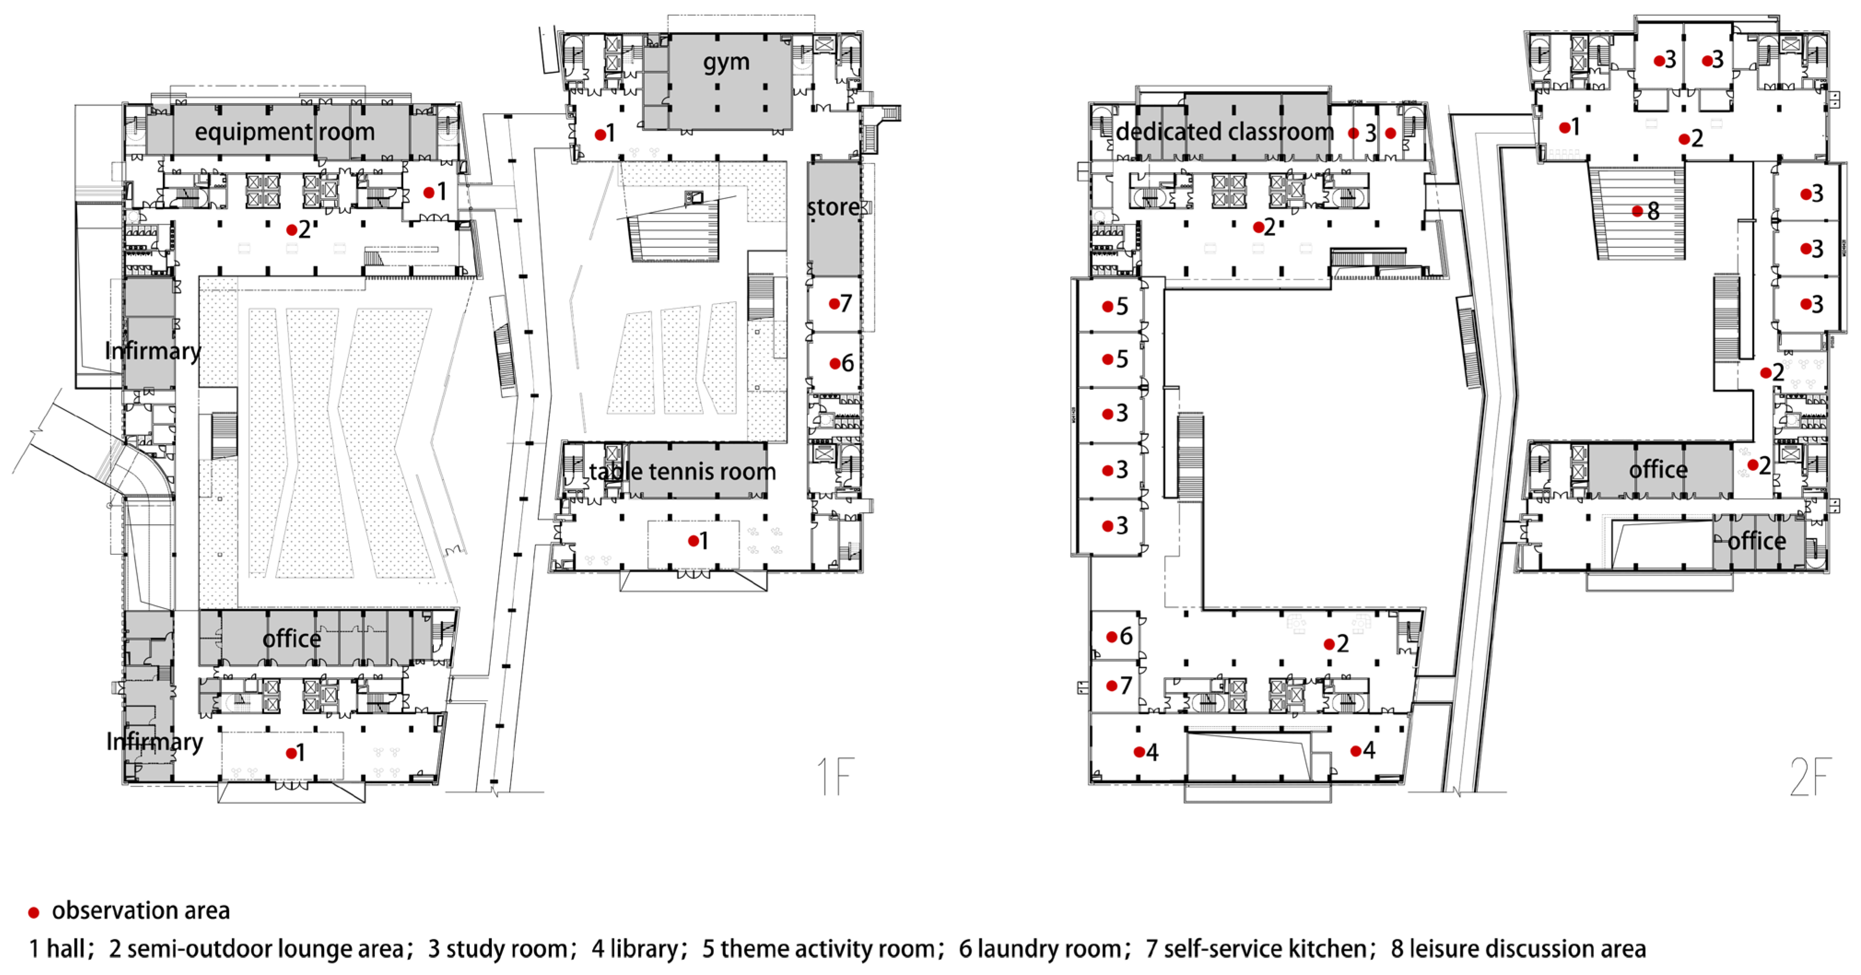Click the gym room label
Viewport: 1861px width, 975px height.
click(726, 63)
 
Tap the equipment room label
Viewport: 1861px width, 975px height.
click(285, 132)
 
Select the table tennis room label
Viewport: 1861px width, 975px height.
click(682, 472)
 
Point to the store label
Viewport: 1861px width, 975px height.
click(833, 207)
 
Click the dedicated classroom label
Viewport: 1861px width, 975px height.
click(1225, 132)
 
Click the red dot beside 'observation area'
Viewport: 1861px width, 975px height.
click(33, 913)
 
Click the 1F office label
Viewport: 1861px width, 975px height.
click(291, 639)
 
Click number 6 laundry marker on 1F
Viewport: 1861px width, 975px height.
click(841, 363)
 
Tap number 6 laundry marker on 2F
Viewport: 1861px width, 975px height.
click(1119, 636)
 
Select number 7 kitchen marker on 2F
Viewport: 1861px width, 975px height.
click(1119, 685)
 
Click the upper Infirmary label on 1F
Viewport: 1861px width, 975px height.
click(153, 351)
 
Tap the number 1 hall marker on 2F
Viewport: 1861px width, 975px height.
click(1569, 128)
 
